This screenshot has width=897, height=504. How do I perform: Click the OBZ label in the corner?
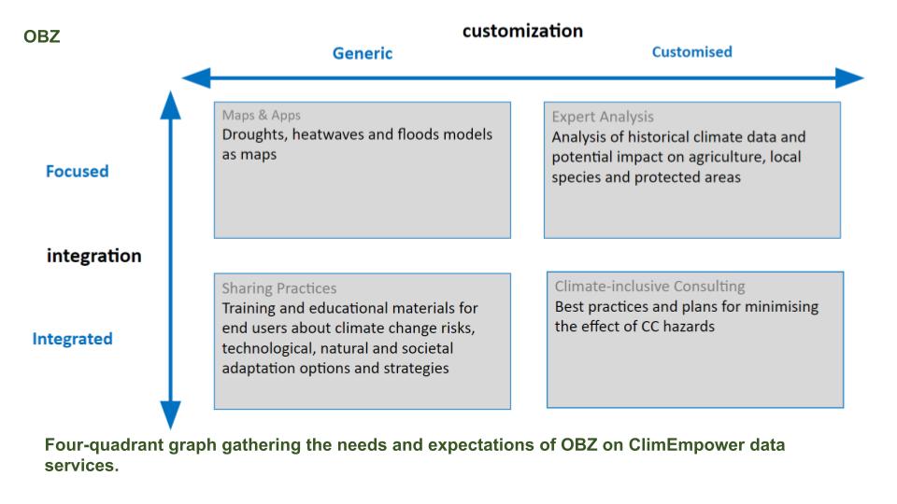click(42, 36)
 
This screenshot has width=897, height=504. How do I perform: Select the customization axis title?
click(522, 31)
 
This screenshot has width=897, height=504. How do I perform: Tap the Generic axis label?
click(363, 53)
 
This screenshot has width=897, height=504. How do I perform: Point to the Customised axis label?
click(691, 52)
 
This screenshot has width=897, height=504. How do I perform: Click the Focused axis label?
click(78, 172)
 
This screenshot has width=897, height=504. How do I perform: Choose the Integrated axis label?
click(72, 339)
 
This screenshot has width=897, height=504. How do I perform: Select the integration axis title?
click(93, 256)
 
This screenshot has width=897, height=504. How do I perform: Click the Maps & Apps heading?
click(261, 116)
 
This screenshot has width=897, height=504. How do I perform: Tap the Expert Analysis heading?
click(603, 117)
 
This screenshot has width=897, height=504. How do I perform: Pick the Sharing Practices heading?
click(279, 288)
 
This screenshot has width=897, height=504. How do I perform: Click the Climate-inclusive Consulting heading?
click(650, 286)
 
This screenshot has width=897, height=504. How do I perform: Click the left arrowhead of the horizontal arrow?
click(196, 77)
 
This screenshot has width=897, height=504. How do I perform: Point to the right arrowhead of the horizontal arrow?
click(849, 77)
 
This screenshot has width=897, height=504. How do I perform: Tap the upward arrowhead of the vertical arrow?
click(170, 105)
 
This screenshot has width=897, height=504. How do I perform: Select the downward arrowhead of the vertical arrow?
click(170, 414)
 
